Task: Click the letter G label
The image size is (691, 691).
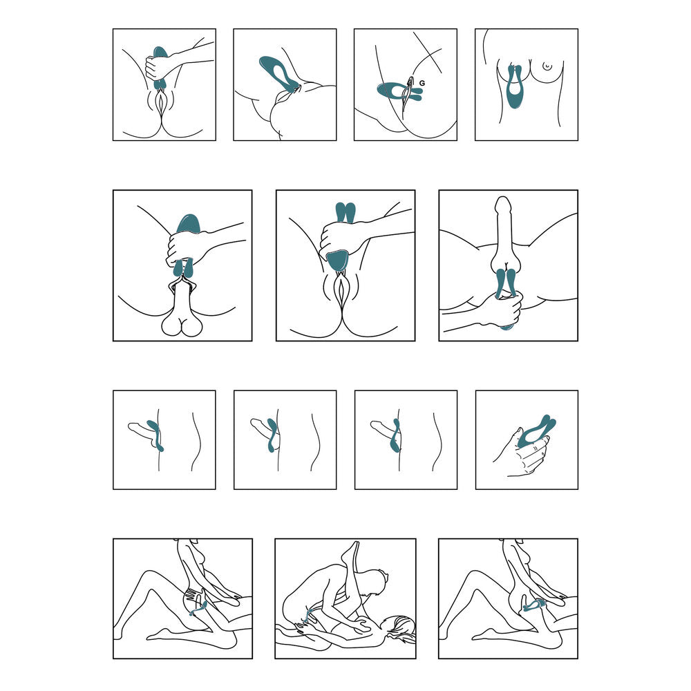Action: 423,83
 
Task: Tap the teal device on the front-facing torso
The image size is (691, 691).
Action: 513,88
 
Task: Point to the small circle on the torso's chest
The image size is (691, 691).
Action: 547,66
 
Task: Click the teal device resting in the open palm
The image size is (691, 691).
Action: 537,431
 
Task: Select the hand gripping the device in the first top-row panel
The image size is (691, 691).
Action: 158,67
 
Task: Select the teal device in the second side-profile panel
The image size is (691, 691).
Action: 272,435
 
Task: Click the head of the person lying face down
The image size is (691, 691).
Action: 399,630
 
